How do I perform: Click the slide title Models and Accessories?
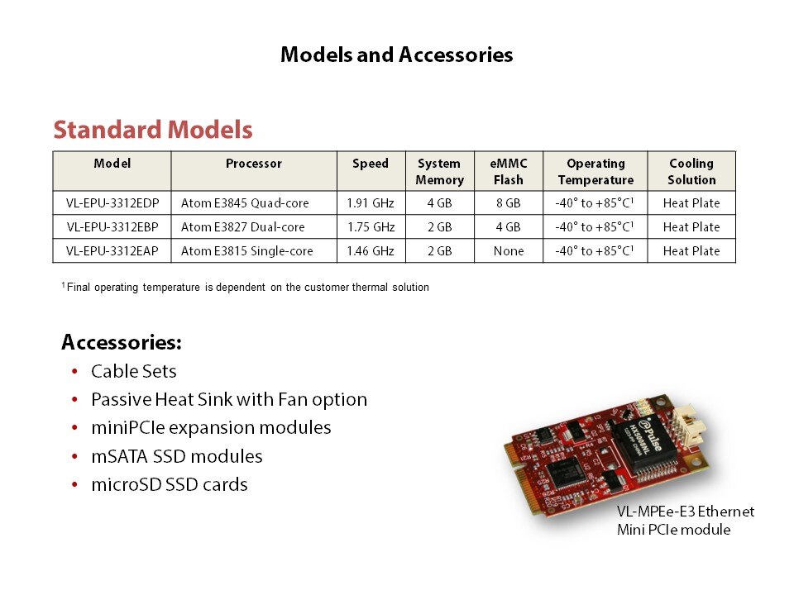pos(396,55)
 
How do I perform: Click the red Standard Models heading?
pos(153,130)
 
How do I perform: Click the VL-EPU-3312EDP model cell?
pos(112,203)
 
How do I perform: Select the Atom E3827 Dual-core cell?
pos(243,227)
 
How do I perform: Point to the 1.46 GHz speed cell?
pos(371,251)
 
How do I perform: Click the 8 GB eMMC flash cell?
pos(509,203)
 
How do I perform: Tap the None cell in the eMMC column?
pos(509,251)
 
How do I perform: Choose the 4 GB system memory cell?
pos(439,203)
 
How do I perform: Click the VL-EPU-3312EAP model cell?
pos(112,251)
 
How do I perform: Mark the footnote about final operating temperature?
pos(246,288)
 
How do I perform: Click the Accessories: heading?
pos(122,342)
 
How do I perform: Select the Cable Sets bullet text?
pos(134,371)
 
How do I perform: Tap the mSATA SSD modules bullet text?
pos(177,456)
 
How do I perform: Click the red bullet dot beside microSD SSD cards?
pos(75,485)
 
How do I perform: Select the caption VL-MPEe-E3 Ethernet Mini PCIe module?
pos(686,521)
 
